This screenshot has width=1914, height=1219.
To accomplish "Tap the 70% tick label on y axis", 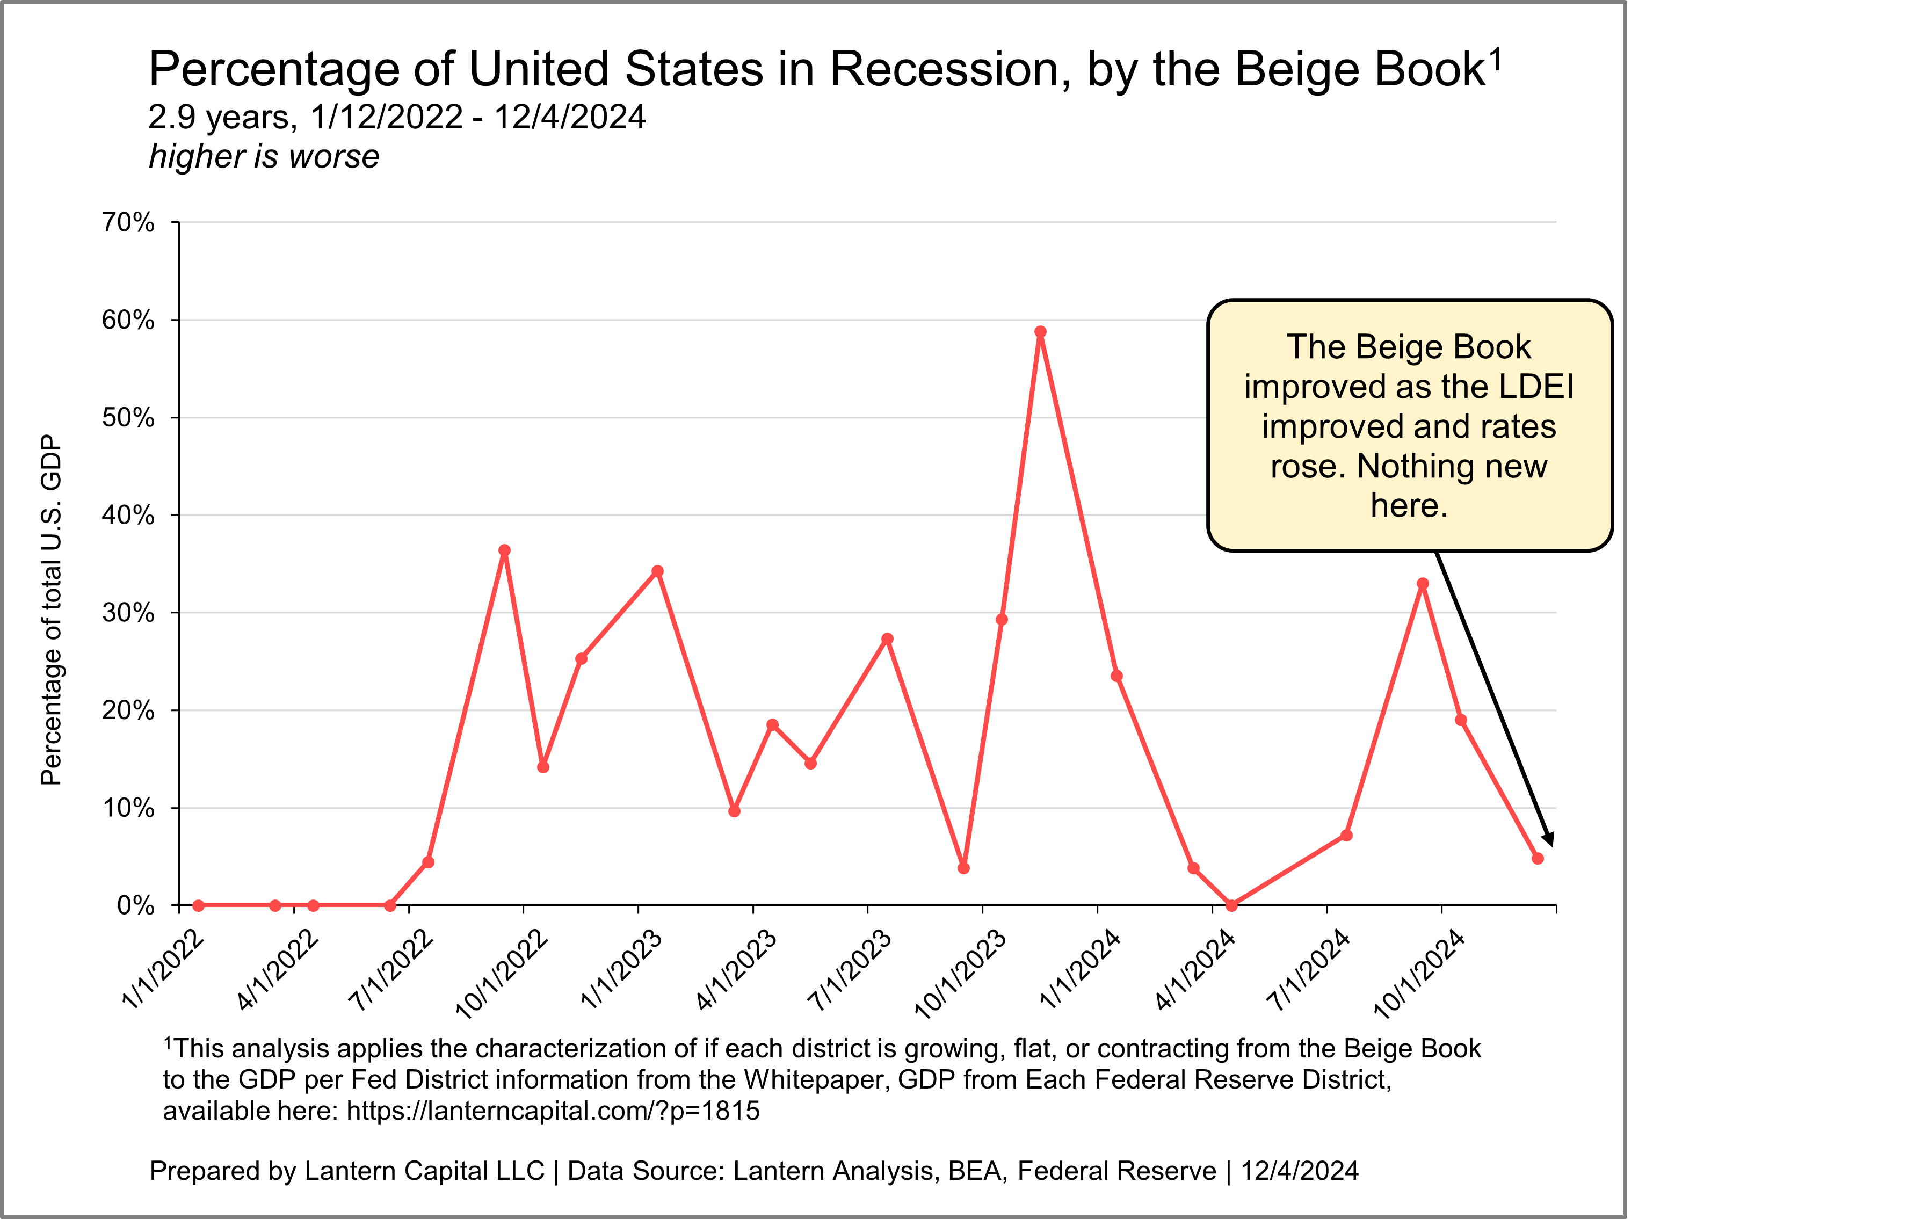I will (x=128, y=222).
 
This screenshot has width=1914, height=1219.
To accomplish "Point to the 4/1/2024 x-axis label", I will (x=1195, y=969).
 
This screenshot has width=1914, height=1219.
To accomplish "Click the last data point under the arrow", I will (x=1537, y=858).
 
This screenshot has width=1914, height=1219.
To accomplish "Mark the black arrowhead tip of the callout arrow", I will (x=1550, y=845).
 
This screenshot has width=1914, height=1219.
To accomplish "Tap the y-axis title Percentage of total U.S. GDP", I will (x=51, y=609).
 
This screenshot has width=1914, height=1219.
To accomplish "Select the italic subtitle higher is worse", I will (x=264, y=157).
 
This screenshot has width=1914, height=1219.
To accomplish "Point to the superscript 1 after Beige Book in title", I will (x=1495, y=59).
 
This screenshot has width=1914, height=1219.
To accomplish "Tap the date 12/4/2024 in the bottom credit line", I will (x=1300, y=1171).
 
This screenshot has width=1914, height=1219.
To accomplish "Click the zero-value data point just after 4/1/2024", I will (x=1231, y=905).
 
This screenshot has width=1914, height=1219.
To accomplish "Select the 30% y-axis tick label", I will (x=128, y=613).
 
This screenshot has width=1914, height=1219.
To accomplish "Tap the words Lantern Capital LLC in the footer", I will (x=424, y=1171).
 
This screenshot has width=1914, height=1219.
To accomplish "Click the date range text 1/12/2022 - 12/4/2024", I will (x=478, y=117).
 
